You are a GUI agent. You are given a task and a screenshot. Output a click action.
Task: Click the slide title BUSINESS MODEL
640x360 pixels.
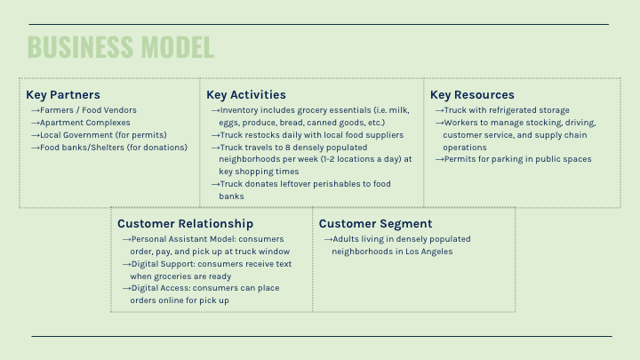pos(121,46)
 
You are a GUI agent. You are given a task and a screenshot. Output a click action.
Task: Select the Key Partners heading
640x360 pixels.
pos(63,95)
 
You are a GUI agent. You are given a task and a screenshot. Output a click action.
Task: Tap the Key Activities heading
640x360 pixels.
pos(246,95)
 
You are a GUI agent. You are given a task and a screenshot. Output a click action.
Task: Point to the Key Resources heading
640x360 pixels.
pos(472,95)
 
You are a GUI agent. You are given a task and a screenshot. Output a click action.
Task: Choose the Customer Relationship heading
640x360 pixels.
pos(185,224)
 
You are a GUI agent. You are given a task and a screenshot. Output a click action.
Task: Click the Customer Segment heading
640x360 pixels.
pos(375,224)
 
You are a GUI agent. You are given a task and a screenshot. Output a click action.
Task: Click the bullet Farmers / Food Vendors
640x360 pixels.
pos(88,110)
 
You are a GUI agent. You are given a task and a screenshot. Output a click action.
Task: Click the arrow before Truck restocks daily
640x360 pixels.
pos(215,135)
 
